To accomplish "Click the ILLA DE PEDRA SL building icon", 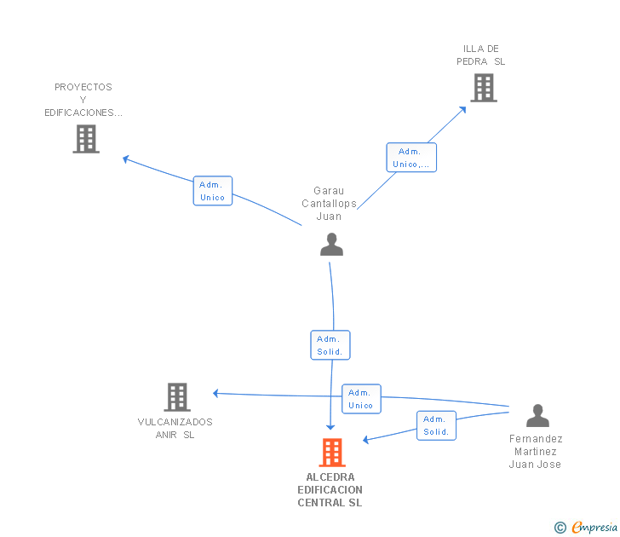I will click(x=483, y=88).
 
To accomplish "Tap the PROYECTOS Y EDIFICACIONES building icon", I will click(x=86, y=139).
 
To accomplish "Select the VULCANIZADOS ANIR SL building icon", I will click(x=176, y=396).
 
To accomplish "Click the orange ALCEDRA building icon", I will click(x=331, y=452).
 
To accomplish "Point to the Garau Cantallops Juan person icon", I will click(x=331, y=245).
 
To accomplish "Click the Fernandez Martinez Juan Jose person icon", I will click(x=537, y=415).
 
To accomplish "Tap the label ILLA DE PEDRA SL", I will click(x=481, y=55).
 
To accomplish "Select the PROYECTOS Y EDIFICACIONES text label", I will click(x=83, y=100).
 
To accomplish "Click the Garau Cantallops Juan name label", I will click(x=329, y=204).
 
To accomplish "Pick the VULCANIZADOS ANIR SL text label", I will click(x=175, y=428).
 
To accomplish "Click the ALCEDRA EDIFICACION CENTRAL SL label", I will click(x=330, y=490).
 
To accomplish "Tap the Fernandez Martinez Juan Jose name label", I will click(x=536, y=452).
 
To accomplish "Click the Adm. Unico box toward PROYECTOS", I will click(x=212, y=191).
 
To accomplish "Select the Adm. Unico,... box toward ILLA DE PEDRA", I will click(x=411, y=158).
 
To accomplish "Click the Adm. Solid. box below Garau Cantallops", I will click(x=330, y=345).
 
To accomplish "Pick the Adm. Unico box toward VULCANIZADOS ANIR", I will click(x=361, y=399).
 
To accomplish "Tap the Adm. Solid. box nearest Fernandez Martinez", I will click(x=436, y=425).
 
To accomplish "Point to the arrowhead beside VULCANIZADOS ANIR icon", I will click(x=216, y=393).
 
